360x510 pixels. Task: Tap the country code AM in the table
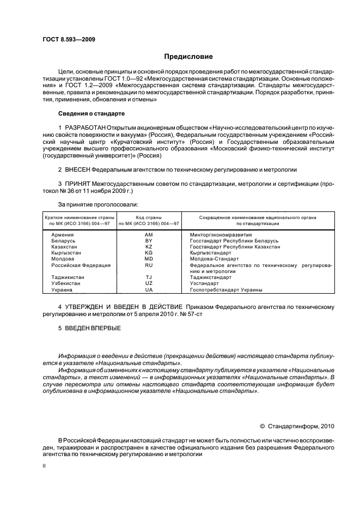pyautogui.click(x=149, y=234)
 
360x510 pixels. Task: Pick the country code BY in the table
pyautogui.click(x=149, y=240)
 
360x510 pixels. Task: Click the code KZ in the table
pyautogui.click(x=149, y=247)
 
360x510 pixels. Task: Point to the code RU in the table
pyautogui.click(x=149, y=265)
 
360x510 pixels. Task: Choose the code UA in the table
pyautogui.click(x=149, y=290)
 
